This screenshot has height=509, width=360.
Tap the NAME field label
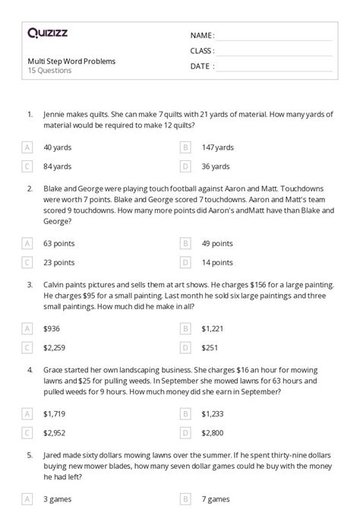tap(202, 35)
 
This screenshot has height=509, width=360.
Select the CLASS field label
tap(203, 51)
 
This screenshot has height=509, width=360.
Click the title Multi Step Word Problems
tap(71, 61)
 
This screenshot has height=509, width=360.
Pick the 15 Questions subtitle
tap(49, 71)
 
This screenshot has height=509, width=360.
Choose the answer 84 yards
tap(58, 166)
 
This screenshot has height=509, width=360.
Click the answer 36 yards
tap(216, 166)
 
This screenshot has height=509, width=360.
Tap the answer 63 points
tap(59, 243)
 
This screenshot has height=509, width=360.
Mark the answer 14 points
tap(217, 262)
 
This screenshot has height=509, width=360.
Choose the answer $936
tap(52, 328)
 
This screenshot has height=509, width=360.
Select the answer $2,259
tap(56, 347)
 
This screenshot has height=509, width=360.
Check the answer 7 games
tap(216, 499)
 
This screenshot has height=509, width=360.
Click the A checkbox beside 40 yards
tap(27, 147)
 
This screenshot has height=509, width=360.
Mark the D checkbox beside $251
tap(185, 347)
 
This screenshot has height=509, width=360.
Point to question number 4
tap(30, 370)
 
